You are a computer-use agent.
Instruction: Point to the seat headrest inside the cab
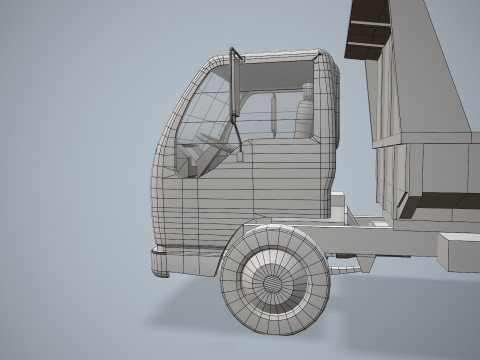[x=307, y=92]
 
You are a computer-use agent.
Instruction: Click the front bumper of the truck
[x=160, y=262]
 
